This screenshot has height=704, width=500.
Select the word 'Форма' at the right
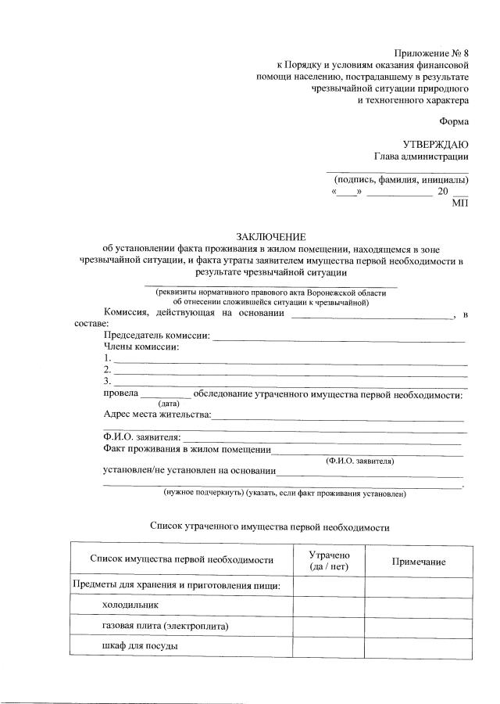(x=454, y=122)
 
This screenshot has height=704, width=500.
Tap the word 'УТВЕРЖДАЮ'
(x=435, y=145)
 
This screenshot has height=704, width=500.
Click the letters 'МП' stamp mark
(x=460, y=203)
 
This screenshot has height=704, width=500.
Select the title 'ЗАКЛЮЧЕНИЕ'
(x=271, y=237)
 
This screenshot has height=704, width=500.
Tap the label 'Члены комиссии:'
(x=141, y=347)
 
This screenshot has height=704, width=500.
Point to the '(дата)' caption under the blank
(x=170, y=404)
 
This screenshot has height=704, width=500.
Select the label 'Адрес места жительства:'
(x=157, y=415)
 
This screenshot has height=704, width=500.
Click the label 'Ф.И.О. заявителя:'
(x=142, y=436)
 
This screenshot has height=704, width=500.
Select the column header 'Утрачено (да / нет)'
(x=328, y=559)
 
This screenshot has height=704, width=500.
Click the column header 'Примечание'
(x=419, y=562)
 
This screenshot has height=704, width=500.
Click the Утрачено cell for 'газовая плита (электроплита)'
(x=328, y=626)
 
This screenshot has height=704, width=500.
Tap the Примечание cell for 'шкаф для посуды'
(x=419, y=646)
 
